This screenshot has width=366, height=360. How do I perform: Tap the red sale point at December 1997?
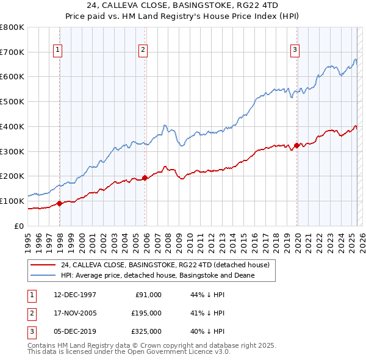pos(60,203)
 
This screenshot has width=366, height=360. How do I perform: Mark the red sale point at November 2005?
pos(145,178)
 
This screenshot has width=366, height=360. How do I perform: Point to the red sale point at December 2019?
pos(297,145)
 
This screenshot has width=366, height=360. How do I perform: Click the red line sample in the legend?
pos(43,265)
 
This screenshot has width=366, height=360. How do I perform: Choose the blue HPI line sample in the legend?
pos(43,276)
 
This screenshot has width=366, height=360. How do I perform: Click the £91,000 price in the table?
pos(148,295)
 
